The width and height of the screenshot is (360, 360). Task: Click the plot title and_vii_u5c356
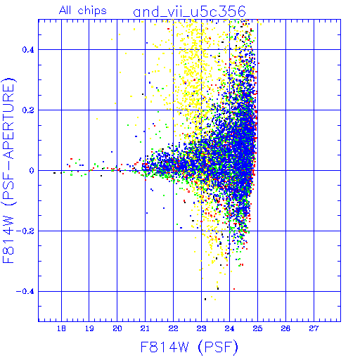click(189, 12)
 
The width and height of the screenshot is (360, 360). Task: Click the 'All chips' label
click(83, 11)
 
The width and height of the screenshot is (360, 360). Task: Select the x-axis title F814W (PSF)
click(189, 347)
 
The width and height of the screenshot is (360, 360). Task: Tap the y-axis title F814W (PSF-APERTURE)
click(8, 170)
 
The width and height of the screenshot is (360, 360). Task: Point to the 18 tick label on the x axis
click(61, 328)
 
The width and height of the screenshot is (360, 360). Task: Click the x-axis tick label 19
click(89, 328)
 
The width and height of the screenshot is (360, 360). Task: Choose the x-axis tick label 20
click(117, 328)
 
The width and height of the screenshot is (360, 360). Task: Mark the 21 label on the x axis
click(145, 328)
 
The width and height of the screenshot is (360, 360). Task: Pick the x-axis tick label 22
click(173, 328)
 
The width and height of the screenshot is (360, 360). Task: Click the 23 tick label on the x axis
click(201, 328)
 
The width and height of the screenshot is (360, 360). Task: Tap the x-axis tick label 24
click(229, 328)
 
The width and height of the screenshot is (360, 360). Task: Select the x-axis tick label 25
click(257, 328)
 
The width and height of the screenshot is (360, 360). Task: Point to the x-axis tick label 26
click(285, 328)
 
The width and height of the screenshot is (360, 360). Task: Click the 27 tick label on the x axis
click(314, 328)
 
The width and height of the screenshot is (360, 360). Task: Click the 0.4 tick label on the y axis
click(28, 50)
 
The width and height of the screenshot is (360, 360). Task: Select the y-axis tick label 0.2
click(28, 110)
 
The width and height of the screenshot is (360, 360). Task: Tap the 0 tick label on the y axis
click(32, 171)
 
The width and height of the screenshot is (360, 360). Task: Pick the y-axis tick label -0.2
click(25, 231)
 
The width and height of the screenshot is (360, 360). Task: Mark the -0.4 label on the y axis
click(25, 292)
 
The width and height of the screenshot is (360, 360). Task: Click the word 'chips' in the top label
click(92, 11)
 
